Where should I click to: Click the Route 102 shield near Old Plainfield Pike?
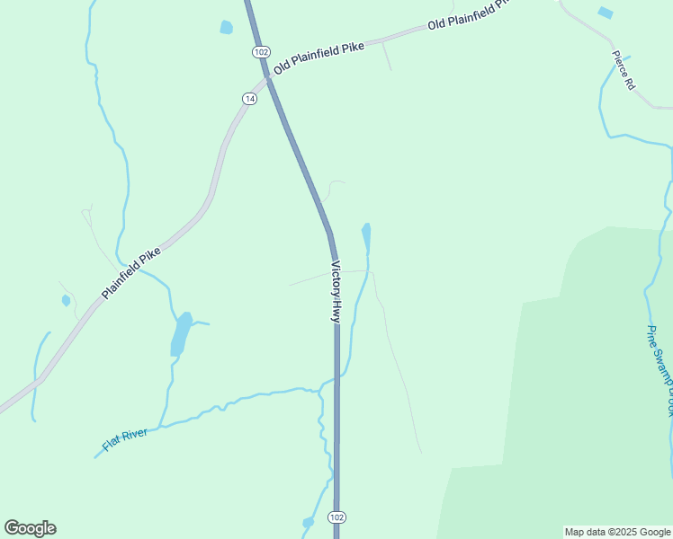pyautogui.click(x=261, y=52)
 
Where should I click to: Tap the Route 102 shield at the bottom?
pyautogui.click(x=336, y=517)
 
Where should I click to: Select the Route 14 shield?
pyautogui.click(x=249, y=97)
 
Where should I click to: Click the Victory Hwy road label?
pyautogui.click(x=336, y=292)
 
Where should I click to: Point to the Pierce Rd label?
pyautogui.click(x=624, y=70)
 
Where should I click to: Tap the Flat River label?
pyautogui.click(x=125, y=440)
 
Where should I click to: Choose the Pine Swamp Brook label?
pyautogui.click(x=660, y=369)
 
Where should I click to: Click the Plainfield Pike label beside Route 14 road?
pyautogui.click(x=131, y=272)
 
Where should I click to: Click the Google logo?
pyautogui.click(x=30, y=528)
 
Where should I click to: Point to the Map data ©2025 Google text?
pyautogui.click(x=617, y=532)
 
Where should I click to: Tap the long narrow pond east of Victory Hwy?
pyautogui.click(x=366, y=237)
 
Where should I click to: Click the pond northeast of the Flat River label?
pyautogui.click(x=181, y=334)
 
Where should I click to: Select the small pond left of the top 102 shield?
pyautogui.click(x=226, y=27)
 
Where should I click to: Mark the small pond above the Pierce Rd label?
pyautogui.click(x=605, y=13)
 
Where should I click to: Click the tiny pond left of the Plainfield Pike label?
pyautogui.click(x=66, y=300)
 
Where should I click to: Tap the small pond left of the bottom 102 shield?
pyautogui.click(x=309, y=522)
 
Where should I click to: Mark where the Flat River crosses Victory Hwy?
pyautogui.click(x=336, y=380)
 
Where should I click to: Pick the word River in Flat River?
pyautogui.click(x=135, y=437)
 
